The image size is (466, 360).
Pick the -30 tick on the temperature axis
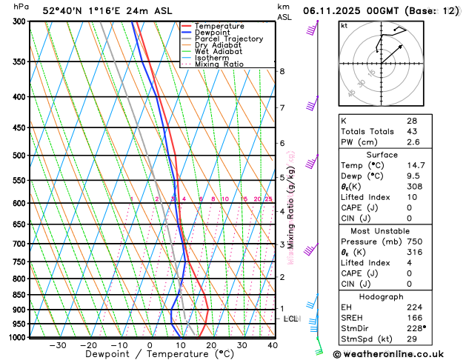[x=58, y=344]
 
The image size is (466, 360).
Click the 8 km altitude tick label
[x=282, y=71]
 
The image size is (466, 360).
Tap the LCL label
[x=291, y=319]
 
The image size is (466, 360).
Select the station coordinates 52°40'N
[x=64, y=11]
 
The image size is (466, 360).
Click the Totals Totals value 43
[x=412, y=131]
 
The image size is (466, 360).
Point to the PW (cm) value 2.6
[x=412, y=142]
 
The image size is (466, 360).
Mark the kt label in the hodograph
[x=344, y=26]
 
